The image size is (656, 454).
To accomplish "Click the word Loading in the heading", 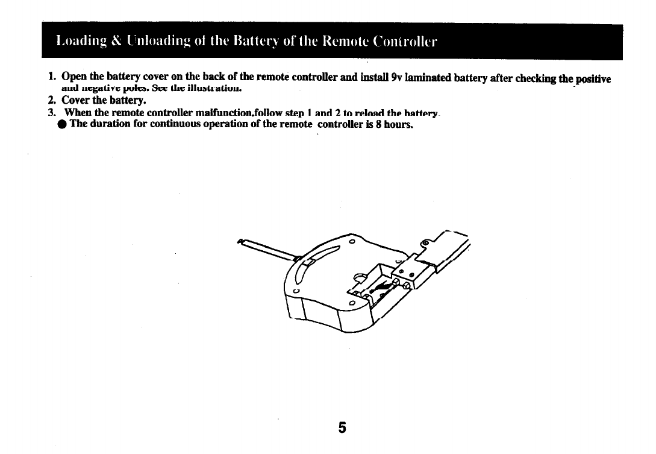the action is tap(77, 42).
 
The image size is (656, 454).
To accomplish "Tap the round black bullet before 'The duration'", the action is tap(62, 124).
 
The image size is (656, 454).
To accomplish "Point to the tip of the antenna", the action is tap(241, 241).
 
